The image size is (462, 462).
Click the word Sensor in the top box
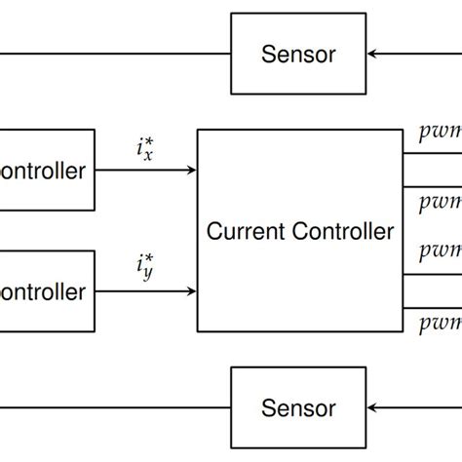point(298,54)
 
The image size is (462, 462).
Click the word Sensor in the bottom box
point(298,408)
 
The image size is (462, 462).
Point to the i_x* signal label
point(144,150)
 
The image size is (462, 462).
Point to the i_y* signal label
point(144,267)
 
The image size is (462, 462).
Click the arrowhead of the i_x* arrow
point(191,170)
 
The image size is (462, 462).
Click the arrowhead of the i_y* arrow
point(191,290)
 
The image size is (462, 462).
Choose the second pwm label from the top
point(440,203)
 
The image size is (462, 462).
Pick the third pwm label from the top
point(440,251)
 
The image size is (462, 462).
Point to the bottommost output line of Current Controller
point(429,306)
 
